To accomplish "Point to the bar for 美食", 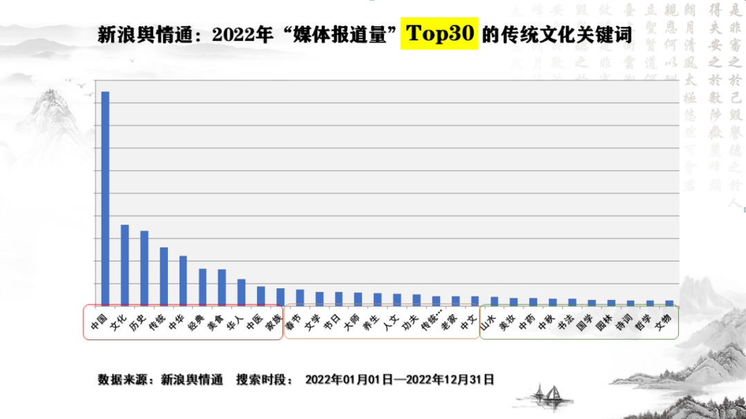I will click(x=222, y=288).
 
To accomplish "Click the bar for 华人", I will click(x=241, y=292).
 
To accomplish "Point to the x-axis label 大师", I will click(x=352, y=322).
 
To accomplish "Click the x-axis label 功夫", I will click(x=410, y=322).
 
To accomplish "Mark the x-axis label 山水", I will click(x=488, y=322).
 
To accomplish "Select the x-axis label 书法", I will click(x=566, y=322).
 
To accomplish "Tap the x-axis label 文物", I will click(x=663, y=322).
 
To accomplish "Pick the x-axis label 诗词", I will click(x=624, y=322).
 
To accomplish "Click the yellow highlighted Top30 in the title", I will click(x=439, y=34).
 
